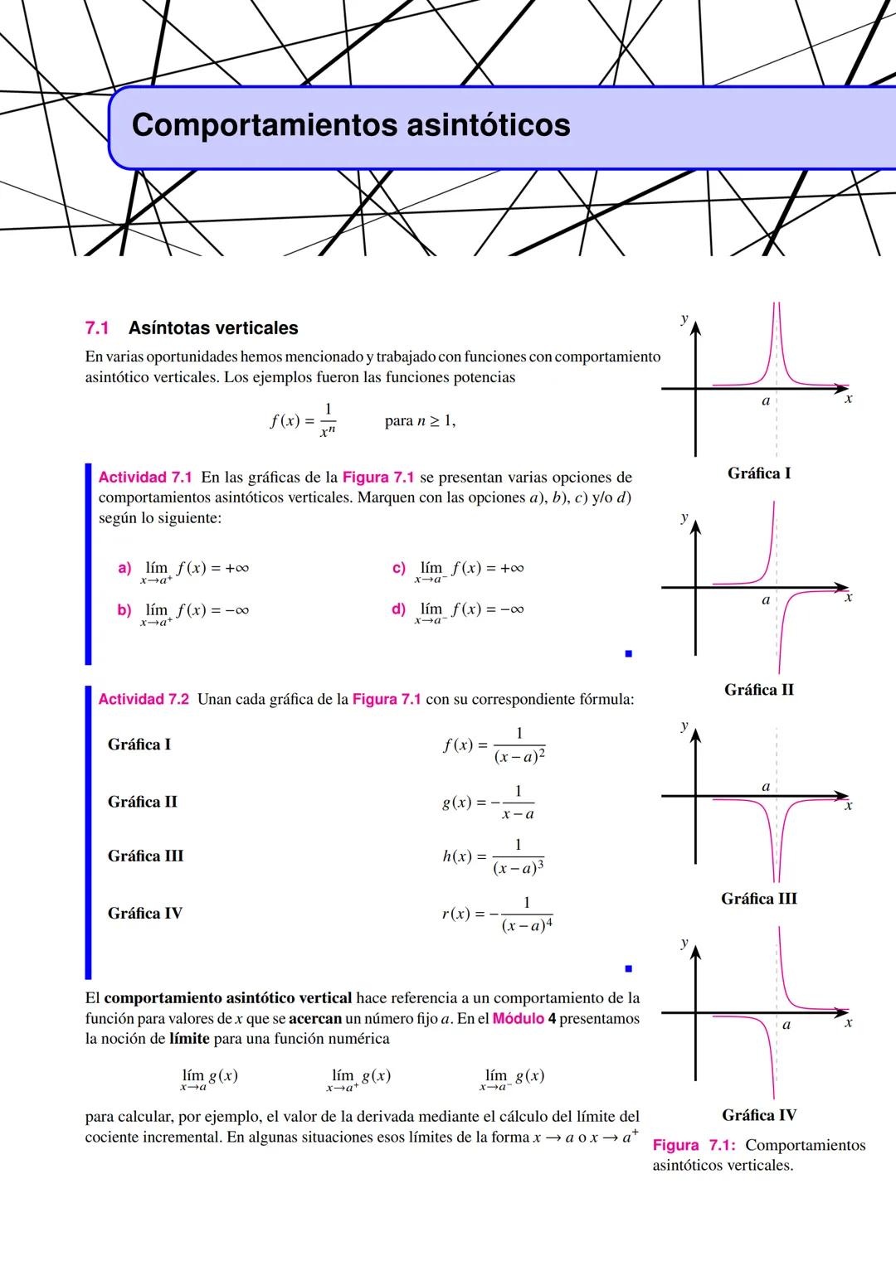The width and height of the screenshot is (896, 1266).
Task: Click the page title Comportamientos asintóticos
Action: pos(351,125)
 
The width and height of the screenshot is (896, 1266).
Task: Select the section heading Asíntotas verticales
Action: pos(213,328)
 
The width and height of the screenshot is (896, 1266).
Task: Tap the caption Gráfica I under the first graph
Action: pos(758,473)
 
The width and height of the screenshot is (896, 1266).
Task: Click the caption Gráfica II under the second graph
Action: pos(758,690)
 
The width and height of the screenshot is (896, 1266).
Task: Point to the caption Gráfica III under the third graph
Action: pos(758,899)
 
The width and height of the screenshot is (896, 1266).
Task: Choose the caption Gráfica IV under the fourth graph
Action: pos(758,1115)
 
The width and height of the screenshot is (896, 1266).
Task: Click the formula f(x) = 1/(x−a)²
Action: pos(494,745)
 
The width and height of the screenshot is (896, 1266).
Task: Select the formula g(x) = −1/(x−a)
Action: pos(488,803)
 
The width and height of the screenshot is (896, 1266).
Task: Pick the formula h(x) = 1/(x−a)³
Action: pos(494,856)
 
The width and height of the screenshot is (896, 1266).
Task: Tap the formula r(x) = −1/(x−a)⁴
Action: pos(497,914)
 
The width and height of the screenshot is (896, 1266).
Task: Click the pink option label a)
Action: pos(124,568)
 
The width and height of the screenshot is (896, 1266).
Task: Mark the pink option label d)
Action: pos(398,609)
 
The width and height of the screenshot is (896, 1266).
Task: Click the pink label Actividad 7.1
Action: pos(145,478)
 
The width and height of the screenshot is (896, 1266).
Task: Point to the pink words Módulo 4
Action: pos(523,1018)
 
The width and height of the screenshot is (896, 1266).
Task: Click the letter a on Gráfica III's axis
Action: pos(766,786)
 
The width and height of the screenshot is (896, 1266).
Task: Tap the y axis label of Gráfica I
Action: pos(684,318)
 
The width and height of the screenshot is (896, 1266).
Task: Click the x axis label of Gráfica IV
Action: pos(848,1023)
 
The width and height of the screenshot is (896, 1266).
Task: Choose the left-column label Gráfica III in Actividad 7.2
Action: pos(145,856)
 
